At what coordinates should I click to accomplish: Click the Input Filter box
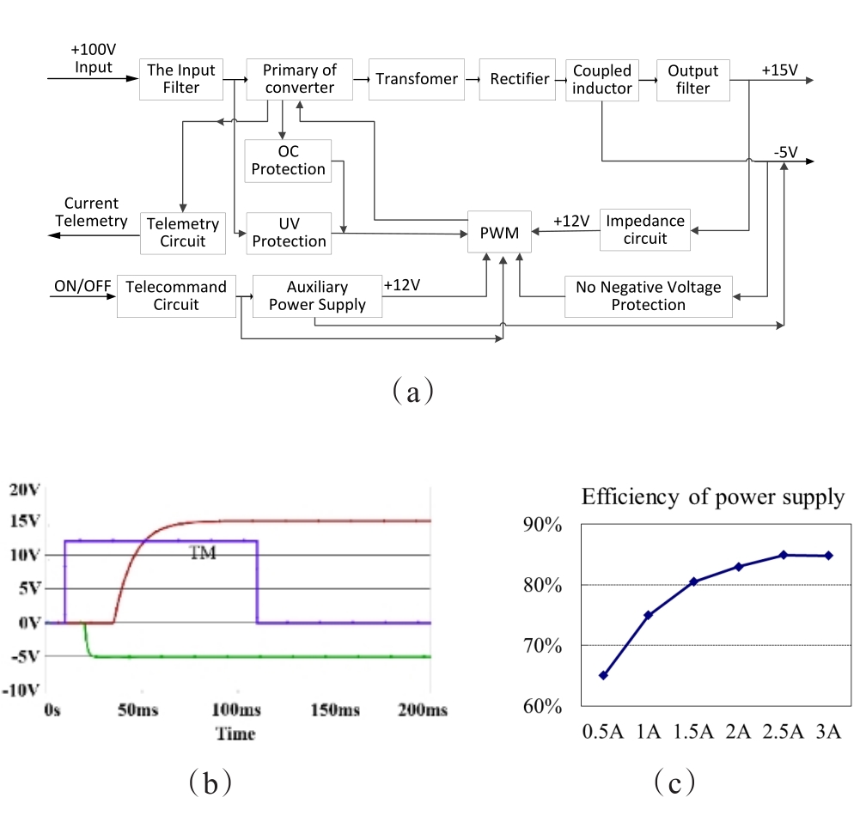pyautogui.click(x=181, y=79)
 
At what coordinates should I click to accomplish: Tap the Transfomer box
pyautogui.click(x=417, y=79)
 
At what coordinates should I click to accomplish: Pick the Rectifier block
pyautogui.click(x=520, y=79)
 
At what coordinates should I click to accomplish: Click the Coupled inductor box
pyautogui.click(x=602, y=79)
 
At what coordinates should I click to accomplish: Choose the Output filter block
pyautogui.click(x=692, y=79)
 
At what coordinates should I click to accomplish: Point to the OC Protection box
pyautogui.click(x=289, y=161)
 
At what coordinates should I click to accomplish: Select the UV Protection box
pyautogui.click(x=289, y=233)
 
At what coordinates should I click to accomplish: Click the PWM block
pyautogui.click(x=500, y=231)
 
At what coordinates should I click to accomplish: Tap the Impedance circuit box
pyautogui.click(x=645, y=229)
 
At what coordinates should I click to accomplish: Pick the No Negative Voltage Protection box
pyautogui.click(x=649, y=296)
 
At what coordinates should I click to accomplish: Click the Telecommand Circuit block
pyautogui.click(x=175, y=296)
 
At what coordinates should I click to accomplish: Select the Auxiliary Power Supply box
pyautogui.click(x=317, y=296)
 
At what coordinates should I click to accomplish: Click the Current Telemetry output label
pyautogui.click(x=91, y=212)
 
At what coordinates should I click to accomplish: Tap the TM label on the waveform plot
pyautogui.click(x=203, y=554)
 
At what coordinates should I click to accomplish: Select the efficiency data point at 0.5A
pyautogui.click(x=603, y=675)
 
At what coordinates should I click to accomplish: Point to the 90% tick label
pyautogui.click(x=541, y=525)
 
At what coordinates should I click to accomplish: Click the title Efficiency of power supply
pyautogui.click(x=713, y=496)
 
